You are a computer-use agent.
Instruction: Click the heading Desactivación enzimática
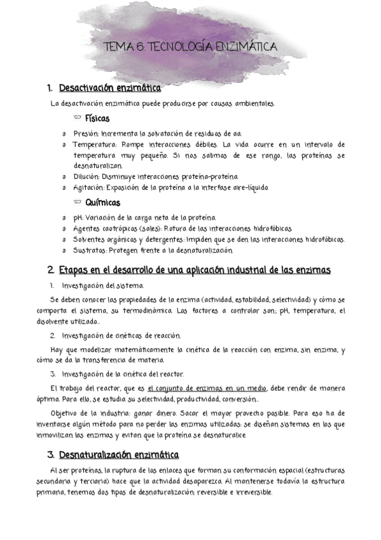(x=109, y=88)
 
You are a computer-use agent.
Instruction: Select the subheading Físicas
(x=97, y=118)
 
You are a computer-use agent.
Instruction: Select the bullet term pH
(x=78, y=218)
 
